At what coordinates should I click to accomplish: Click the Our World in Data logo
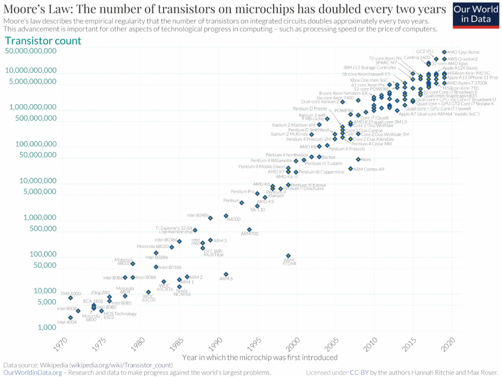(475, 15)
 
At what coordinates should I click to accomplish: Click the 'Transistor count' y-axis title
(43, 41)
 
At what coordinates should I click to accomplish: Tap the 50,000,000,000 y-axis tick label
(30, 50)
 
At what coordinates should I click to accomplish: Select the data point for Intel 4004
(71, 318)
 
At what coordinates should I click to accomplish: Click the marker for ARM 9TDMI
(288, 256)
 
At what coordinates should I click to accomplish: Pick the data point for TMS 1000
(71, 298)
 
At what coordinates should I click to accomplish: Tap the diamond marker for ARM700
(249, 229)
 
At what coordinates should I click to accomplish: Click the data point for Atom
(358, 159)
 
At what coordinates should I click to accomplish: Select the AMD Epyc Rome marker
(444, 52)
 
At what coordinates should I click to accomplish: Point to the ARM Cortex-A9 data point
(350, 168)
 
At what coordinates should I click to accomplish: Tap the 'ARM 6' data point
(226, 274)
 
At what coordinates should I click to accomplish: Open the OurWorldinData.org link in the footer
(32, 373)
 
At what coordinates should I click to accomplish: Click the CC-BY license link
(356, 373)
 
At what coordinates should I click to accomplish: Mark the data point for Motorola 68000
(133, 263)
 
